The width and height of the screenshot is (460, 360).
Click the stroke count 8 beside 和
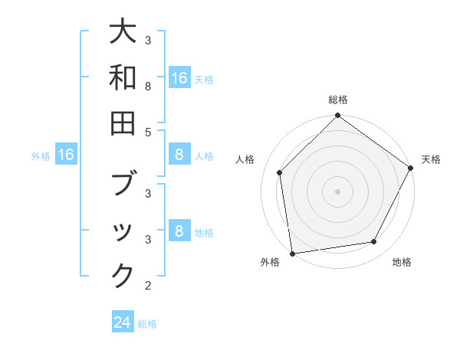147,87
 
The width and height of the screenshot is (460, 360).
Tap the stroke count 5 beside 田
147,132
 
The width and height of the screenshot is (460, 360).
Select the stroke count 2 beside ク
147,286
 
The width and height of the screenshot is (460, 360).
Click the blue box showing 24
123,322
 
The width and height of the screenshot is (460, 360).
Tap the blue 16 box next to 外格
66,155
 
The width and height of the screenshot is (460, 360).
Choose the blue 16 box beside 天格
179,77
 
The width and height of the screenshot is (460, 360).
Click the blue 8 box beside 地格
179,231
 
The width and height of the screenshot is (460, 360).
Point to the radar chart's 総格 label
338,100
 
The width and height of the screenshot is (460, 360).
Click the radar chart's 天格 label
431,159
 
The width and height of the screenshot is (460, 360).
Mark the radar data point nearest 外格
292,253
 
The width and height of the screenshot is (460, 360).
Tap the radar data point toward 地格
374,241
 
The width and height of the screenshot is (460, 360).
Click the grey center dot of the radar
337,191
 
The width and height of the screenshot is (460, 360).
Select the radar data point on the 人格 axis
280,172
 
